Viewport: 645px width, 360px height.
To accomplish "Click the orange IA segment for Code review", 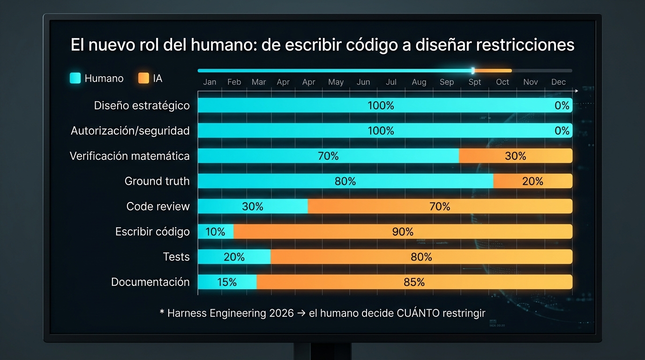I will coord(440,206).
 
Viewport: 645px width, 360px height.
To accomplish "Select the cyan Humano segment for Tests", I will coord(234,256).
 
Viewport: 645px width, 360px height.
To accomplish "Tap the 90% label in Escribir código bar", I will coord(403,232).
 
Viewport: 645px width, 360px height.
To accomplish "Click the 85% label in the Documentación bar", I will coord(414,282).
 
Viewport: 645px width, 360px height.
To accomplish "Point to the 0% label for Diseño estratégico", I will coord(562,105).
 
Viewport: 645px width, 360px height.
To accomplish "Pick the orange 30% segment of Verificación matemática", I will coord(515,156).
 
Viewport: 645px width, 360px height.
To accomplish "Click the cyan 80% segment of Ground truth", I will coord(345,181).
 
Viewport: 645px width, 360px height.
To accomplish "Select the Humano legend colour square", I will coord(75,78).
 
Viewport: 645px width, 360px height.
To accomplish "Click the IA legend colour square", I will coord(143,78).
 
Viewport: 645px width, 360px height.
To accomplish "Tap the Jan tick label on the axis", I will coord(210,82).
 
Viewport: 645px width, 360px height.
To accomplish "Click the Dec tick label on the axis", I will coord(558,82).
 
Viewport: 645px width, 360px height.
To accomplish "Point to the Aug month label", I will coord(419,82).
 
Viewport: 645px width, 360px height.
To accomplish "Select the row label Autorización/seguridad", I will coord(130,131).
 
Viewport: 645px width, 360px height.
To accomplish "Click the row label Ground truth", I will coord(157,181).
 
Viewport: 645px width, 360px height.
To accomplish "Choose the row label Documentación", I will coord(150,282).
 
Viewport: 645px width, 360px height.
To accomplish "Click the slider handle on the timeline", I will coord(473,71).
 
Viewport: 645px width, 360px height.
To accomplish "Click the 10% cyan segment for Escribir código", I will coord(215,232).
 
